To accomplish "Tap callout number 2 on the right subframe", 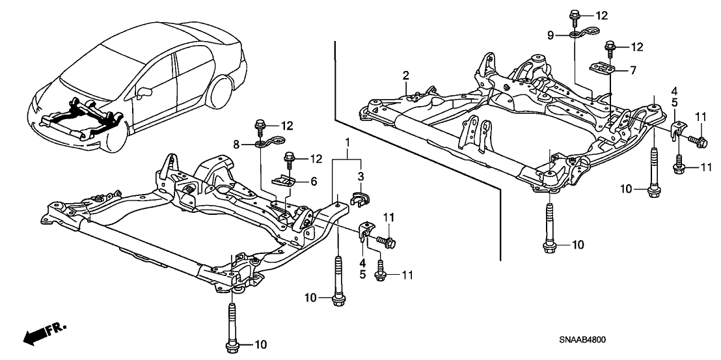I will (x=405, y=75).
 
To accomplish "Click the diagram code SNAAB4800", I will (x=586, y=340).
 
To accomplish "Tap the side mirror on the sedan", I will (x=144, y=89).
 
